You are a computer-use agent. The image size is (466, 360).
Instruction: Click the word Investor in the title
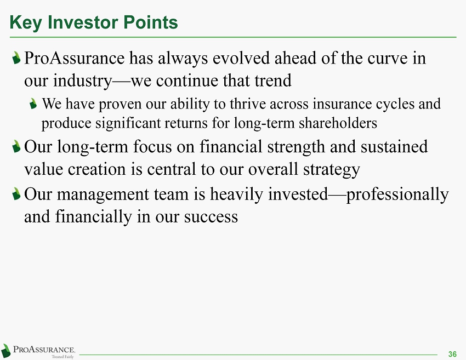83,22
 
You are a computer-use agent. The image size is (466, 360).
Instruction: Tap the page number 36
452,354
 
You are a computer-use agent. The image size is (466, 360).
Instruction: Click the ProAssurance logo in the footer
38,351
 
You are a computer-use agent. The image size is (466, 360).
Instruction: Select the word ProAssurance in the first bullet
75,58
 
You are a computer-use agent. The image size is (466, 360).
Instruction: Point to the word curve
387,58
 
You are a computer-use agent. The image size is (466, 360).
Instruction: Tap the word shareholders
338,123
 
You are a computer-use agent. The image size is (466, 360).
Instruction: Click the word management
103,195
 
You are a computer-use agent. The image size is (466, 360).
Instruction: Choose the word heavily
237,195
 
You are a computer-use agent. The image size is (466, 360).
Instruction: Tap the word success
211,216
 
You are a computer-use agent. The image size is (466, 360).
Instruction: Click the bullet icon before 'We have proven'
33,104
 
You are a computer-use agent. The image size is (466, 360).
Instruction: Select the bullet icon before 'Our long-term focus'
16,146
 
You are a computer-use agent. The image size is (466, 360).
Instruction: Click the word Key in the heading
26,23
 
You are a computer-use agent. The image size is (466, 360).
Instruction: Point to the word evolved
241,58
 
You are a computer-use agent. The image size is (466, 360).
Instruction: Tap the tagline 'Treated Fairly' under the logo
62,357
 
